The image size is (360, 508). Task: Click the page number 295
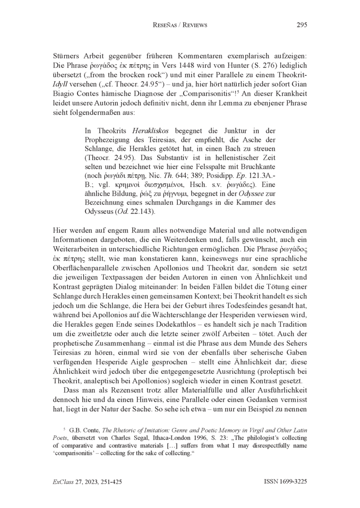click(x=302, y=25)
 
